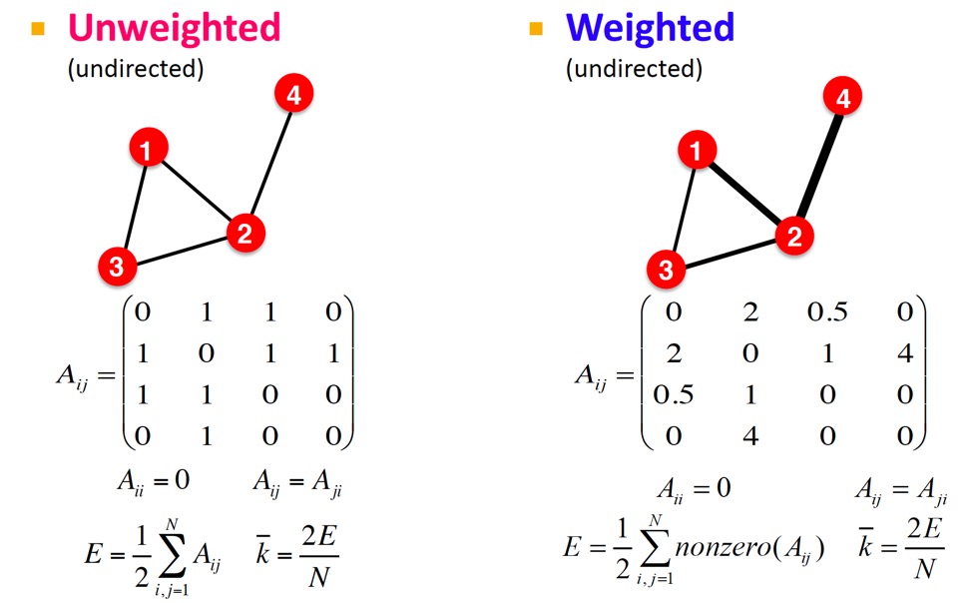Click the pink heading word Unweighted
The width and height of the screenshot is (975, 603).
click(174, 27)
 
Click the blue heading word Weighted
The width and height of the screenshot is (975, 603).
click(650, 27)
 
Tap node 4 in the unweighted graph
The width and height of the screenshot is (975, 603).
click(293, 95)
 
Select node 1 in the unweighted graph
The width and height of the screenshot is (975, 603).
click(148, 151)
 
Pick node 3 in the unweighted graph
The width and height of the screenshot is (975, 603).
click(117, 267)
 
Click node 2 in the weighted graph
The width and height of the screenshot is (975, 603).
click(794, 236)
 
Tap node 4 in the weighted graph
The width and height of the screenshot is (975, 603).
click(842, 98)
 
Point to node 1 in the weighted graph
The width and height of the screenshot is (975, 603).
click(696, 152)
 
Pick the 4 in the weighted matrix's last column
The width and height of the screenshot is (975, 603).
click(905, 354)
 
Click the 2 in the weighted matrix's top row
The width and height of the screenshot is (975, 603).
click(750, 312)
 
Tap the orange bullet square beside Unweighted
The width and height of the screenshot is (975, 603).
click(39, 27)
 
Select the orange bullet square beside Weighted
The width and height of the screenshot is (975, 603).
click(536, 27)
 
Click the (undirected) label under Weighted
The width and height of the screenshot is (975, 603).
click(634, 70)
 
